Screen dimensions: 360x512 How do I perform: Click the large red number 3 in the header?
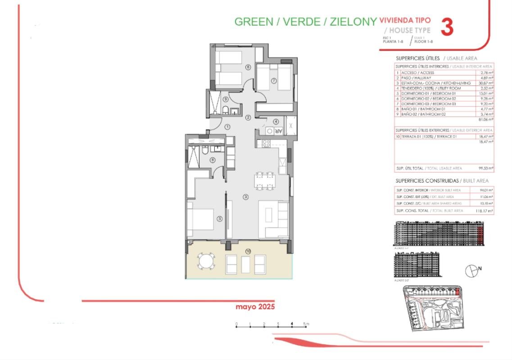coord(446,27)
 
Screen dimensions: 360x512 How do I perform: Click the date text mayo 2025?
coord(255,307)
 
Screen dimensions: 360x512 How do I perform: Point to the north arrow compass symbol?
coord(471,270)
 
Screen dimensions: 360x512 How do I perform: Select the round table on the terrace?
coord(207,261)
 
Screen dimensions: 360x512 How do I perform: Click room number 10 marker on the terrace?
coord(248,251)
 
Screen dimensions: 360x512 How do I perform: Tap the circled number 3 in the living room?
coord(245,197)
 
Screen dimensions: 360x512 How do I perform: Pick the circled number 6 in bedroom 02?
coord(248,67)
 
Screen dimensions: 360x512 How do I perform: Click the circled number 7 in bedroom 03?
coord(273,81)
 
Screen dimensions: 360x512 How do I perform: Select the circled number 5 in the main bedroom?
coord(220,219)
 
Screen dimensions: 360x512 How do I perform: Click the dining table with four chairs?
coord(264,181)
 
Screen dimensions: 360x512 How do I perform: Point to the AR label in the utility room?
coord(278,131)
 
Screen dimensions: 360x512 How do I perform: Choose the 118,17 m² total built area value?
coord(485,211)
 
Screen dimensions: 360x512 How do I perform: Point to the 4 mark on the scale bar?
coord(292,324)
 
